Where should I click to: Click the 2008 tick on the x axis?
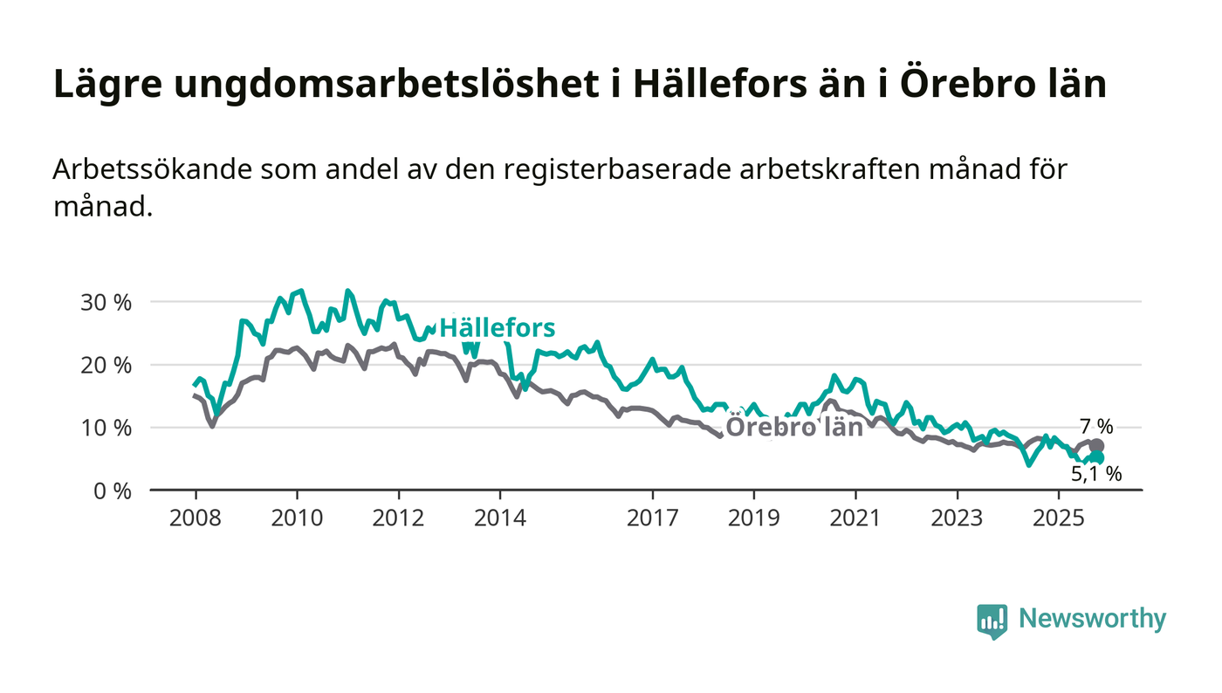195,518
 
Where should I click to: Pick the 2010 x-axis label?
297,518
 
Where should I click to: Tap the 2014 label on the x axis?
500,518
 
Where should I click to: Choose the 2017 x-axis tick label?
653,518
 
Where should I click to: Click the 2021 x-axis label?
855,518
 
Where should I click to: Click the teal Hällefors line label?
497,328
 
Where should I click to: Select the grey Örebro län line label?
794,428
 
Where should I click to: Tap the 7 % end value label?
1096,427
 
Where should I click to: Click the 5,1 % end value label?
1095,474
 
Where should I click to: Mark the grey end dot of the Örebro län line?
1097,446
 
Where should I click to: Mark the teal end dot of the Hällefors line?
1097,457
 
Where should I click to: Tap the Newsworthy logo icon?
992,621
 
